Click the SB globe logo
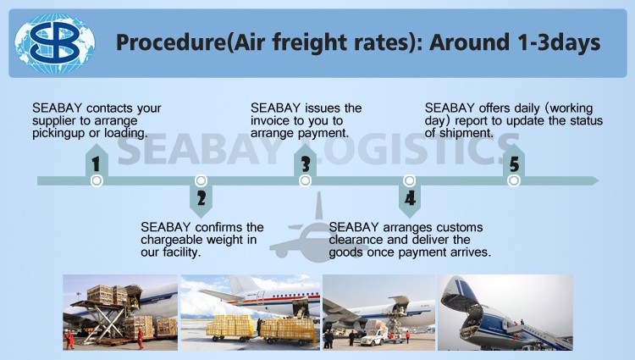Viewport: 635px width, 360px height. pos(55,43)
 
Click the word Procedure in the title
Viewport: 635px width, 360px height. pos(170,43)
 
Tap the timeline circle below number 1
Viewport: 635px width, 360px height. pos(97,180)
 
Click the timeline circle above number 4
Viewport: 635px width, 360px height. pos(410,180)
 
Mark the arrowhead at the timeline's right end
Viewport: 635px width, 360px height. pos(594,180)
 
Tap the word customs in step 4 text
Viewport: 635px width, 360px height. pos(460,227)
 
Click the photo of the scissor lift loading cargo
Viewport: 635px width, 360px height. pos(120,313)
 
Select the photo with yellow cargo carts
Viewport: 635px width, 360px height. pos(251,313)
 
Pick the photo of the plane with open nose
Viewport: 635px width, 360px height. pos(505,313)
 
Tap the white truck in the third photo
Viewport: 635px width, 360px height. pos(374,337)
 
